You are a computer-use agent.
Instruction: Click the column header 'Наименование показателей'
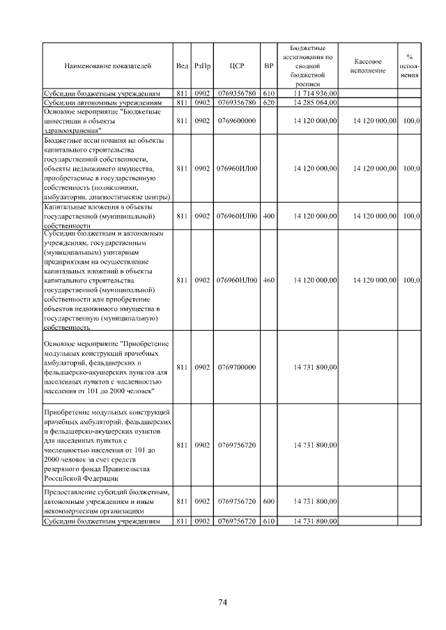107,66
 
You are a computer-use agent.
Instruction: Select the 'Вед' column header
182,66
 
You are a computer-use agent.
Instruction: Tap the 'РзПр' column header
202,66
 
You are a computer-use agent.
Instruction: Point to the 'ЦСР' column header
236,66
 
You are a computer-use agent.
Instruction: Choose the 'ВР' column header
269,66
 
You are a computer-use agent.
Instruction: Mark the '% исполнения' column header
410,66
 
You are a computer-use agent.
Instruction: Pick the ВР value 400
269,216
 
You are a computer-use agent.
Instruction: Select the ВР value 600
269,501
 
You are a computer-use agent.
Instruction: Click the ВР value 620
269,102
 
